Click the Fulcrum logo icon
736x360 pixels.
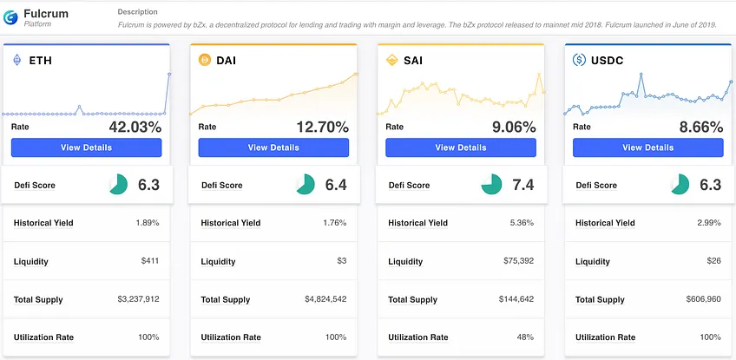(x=10, y=17)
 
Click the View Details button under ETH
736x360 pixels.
(x=87, y=147)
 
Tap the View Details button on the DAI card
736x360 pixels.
(x=273, y=147)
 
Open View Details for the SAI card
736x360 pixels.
(x=461, y=147)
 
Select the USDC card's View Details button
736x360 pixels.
(x=647, y=147)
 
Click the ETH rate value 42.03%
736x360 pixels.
(x=135, y=127)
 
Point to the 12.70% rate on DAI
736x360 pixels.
(x=323, y=127)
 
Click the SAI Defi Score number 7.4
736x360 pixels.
(x=523, y=185)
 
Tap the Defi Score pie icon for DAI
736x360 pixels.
(x=306, y=185)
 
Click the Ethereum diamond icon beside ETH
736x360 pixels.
(x=16, y=60)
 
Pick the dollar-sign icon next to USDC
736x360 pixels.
(x=579, y=60)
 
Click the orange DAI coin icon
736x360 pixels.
(x=205, y=60)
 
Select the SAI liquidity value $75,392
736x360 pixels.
(x=519, y=261)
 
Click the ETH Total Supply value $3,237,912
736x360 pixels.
(x=139, y=299)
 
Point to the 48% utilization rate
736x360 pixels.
(x=526, y=337)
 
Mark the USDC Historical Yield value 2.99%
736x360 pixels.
(x=710, y=222)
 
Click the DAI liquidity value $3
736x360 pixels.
(x=342, y=261)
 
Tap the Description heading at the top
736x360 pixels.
(x=137, y=12)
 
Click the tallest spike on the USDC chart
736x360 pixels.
(x=641, y=74)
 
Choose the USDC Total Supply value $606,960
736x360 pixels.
(x=704, y=299)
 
